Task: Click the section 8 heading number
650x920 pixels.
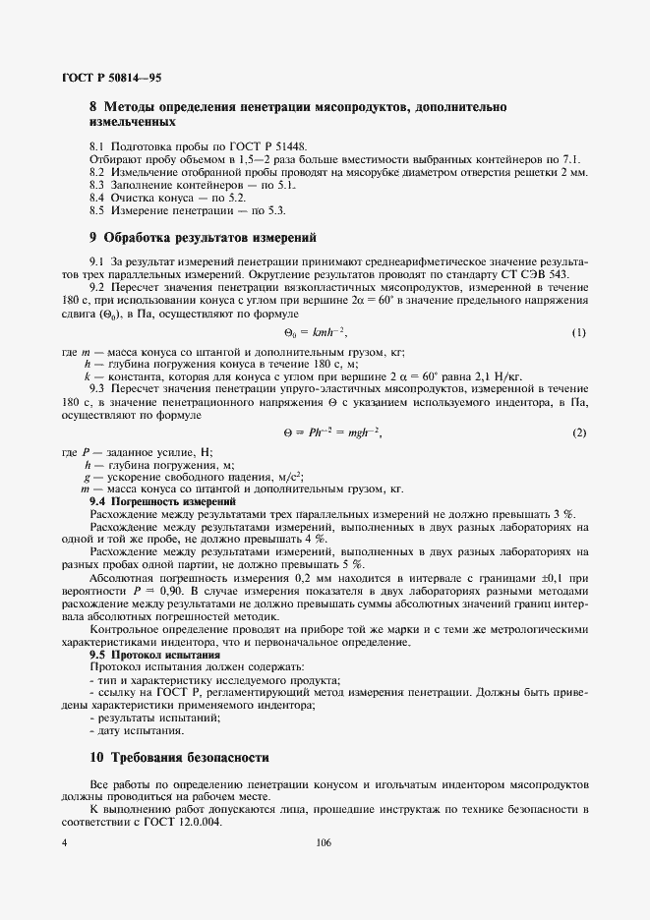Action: (x=93, y=105)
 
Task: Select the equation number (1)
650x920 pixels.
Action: (x=579, y=333)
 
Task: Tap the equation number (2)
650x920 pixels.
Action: (x=579, y=432)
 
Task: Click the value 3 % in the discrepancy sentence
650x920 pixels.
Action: (x=563, y=514)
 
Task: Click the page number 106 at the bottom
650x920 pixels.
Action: (x=325, y=843)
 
